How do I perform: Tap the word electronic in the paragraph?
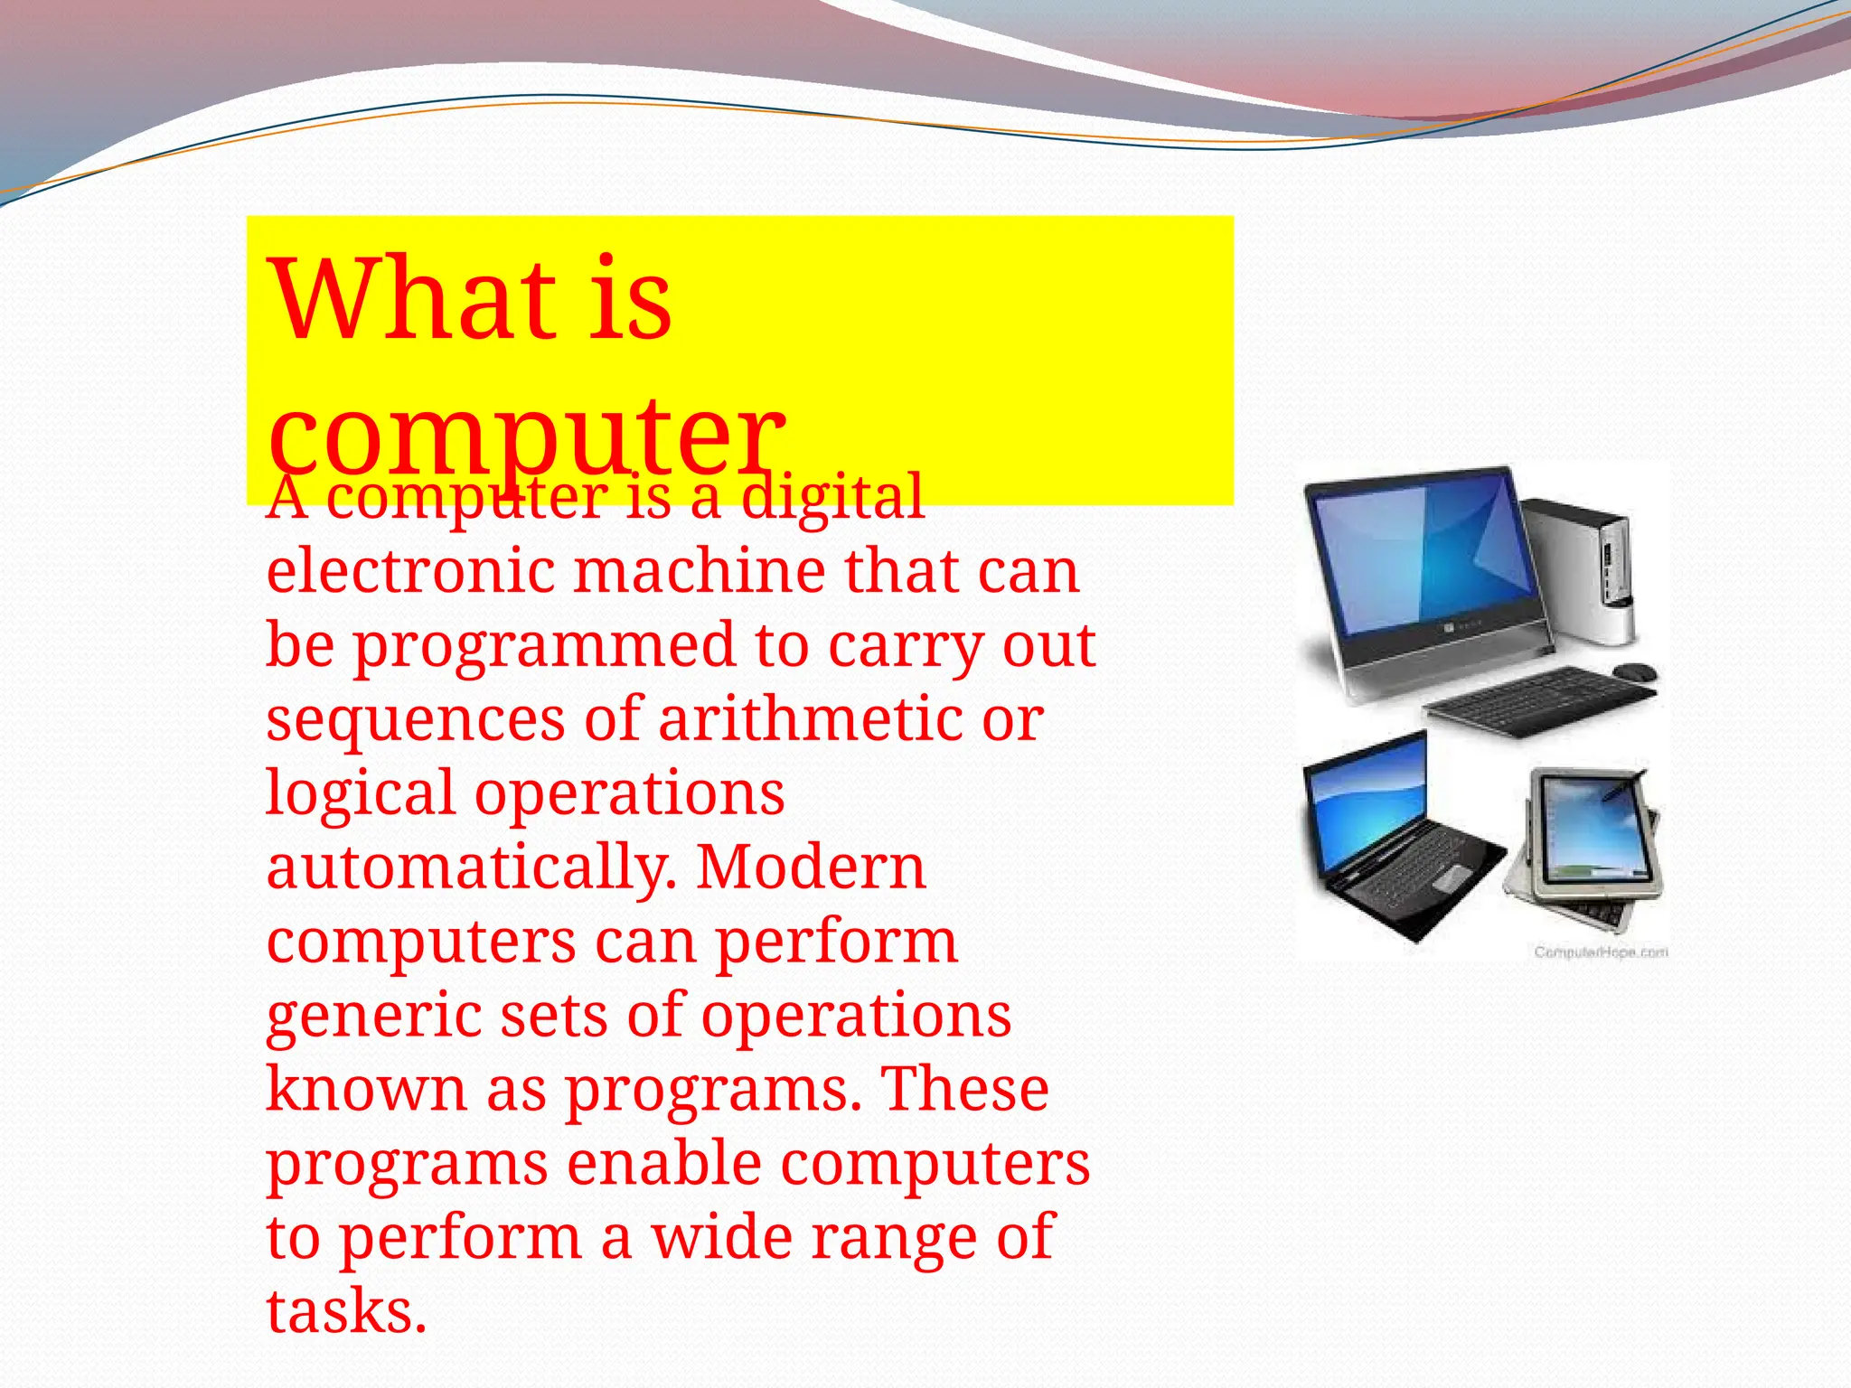click(x=410, y=571)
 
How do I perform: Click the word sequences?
click(x=416, y=720)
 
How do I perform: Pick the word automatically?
click(x=470, y=867)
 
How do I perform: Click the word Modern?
click(x=811, y=867)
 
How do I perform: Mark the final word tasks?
click(x=345, y=1311)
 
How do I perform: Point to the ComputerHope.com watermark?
click(x=1601, y=952)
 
